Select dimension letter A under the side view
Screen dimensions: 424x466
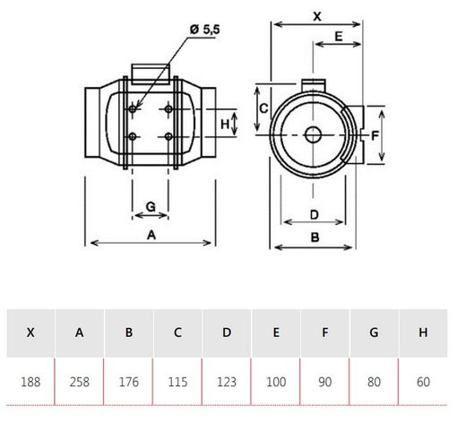[x=151, y=235]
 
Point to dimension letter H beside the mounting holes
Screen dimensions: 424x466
[x=225, y=123]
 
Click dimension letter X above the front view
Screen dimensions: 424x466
[x=317, y=16]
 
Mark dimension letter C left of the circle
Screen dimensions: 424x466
[x=263, y=107]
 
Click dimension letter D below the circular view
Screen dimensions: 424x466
[x=314, y=213]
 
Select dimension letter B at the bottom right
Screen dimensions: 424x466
[x=315, y=238]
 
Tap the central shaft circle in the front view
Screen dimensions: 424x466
[x=314, y=136]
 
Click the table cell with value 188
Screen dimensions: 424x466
[x=31, y=381]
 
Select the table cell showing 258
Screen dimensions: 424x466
[x=80, y=381]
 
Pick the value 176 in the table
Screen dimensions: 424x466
[x=129, y=381]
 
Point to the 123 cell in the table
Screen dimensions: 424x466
[x=227, y=381]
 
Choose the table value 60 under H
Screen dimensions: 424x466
[x=423, y=381]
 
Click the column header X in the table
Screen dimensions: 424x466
[x=31, y=333]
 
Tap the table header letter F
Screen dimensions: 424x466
[x=324, y=333]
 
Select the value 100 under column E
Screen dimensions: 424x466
[x=276, y=381]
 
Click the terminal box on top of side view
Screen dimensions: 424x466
[x=151, y=70]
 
